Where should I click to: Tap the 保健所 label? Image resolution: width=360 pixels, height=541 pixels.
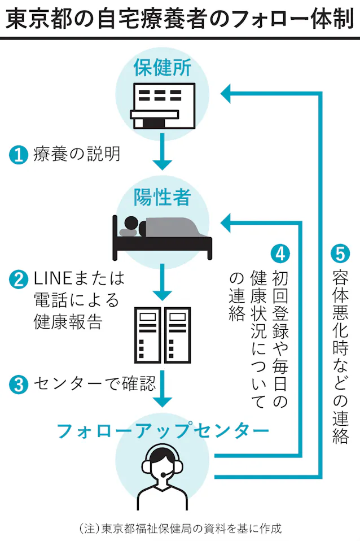pyautogui.click(x=163, y=68)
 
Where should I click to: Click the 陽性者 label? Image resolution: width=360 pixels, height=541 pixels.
pyautogui.click(x=163, y=197)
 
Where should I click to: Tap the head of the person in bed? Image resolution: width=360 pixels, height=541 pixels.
pyautogui.click(x=131, y=222)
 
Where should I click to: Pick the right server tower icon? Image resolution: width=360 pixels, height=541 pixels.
pyautogui.click(x=177, y=336)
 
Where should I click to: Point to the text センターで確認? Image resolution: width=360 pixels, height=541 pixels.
pyautogui.click(x=93, y=385)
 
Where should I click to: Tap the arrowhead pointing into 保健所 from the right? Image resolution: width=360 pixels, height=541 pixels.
pyautogui.click(x=227, y=93)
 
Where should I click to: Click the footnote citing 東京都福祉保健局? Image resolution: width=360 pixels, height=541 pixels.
pyautogui.click(x=180, y=529)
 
